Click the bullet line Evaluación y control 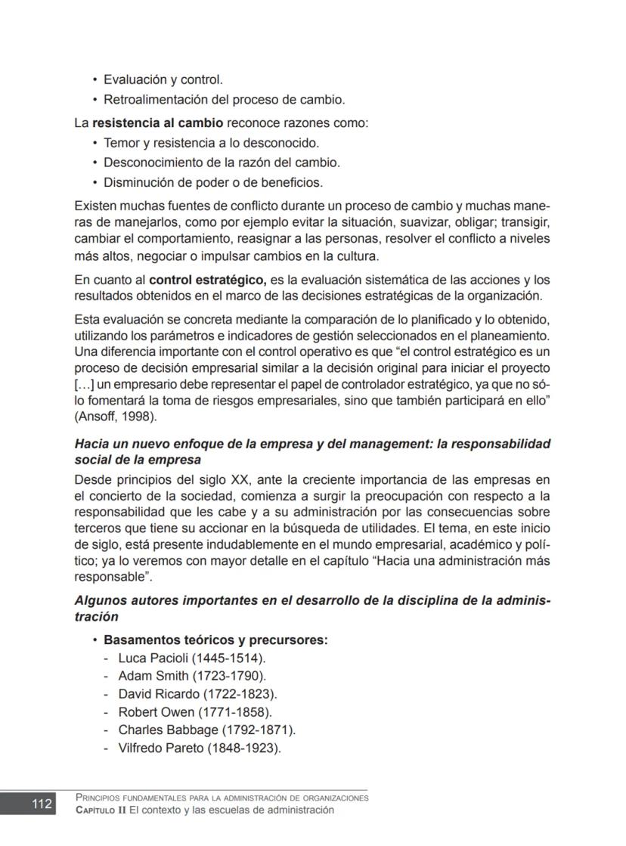pos(163,79)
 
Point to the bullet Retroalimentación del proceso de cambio pos(224,99)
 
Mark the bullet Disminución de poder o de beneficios pos(212,182)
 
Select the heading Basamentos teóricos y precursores pos(215,640)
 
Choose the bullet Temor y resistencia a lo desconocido pos(211,143)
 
